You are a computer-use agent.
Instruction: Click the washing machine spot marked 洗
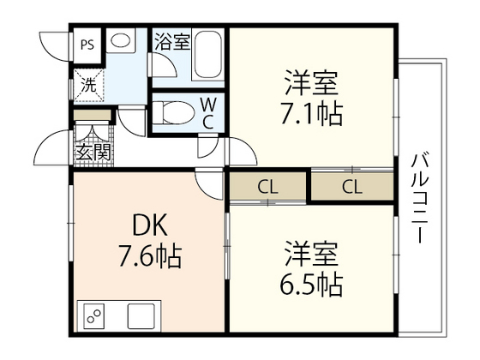click(88, 84)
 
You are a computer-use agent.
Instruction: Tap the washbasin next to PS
click(122, 40)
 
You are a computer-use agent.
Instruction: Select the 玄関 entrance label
click(92, 153)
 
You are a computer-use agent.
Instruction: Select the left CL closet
click(267, 186)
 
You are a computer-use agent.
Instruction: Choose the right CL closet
click(351, 186)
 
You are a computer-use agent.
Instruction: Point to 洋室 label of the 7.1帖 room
click(313, 83)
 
